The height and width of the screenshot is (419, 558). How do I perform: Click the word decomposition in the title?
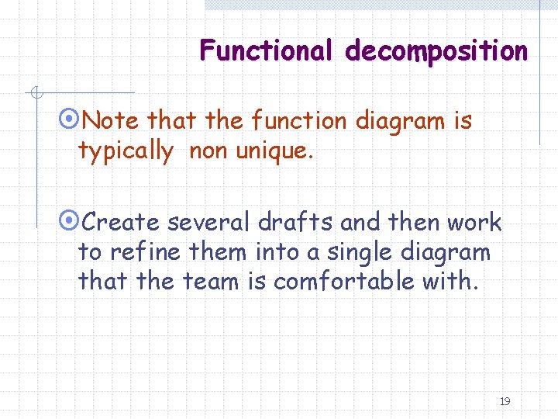point(436,51)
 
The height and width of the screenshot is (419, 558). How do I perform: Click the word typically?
point(126,151)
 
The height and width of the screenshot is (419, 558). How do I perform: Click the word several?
point(209,223)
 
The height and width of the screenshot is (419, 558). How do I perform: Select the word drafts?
point(296,223)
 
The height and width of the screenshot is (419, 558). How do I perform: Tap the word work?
point(474,223)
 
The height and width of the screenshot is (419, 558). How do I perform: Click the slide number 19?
point(505,401)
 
